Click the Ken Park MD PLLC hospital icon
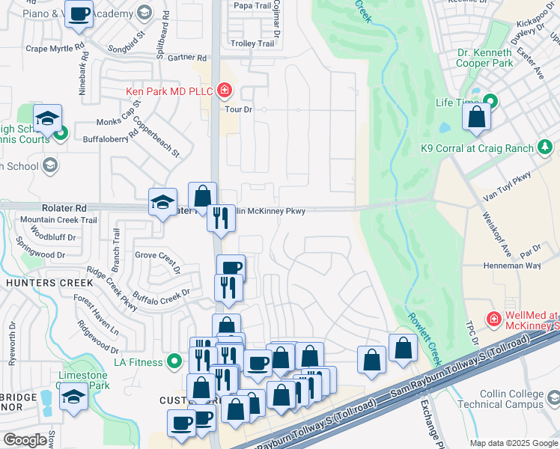(223, 91)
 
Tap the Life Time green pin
(490, 101)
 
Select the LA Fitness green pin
(174, 362)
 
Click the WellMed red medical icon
(493, 320)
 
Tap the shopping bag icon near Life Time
(476, 117)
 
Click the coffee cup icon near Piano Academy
(79, 13)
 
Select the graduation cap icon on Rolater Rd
(162, 202)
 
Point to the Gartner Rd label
(187, 57)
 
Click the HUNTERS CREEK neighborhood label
(50, 283)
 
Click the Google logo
(25, 440)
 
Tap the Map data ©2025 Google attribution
(514, 443)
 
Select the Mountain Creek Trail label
(58, 220)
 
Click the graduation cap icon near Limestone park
(73, 396)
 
